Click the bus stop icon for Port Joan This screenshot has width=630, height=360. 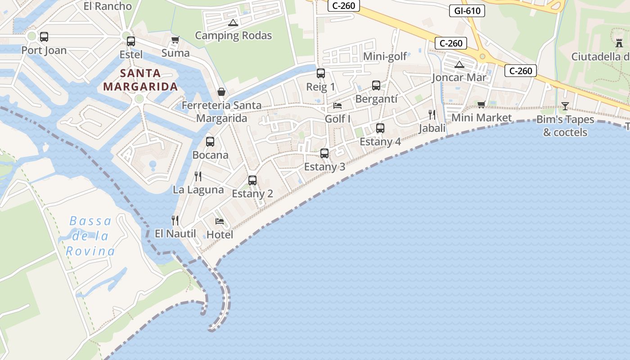44,37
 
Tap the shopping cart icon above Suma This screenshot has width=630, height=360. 175,40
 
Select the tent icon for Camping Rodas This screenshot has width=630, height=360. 233,22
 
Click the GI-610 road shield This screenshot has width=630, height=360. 467,11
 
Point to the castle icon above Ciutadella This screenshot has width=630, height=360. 618,43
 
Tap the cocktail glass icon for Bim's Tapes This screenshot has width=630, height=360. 565,106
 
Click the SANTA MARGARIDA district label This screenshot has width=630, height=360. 140,80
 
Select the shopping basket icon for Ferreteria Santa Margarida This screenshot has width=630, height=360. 221,92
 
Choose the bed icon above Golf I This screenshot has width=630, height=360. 337,106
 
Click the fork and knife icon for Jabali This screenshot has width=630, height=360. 432,115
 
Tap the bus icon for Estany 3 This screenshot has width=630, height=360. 324,153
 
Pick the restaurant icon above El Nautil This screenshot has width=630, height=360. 175,220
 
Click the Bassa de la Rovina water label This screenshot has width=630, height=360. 90,236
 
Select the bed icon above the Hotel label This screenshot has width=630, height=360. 220,221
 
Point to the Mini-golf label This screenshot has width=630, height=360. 385,56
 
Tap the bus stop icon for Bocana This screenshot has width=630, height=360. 210,142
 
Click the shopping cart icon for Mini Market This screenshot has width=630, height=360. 481,104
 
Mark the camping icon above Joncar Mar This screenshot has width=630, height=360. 459,64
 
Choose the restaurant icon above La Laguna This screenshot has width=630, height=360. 198,176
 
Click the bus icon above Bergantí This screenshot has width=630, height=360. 376,85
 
